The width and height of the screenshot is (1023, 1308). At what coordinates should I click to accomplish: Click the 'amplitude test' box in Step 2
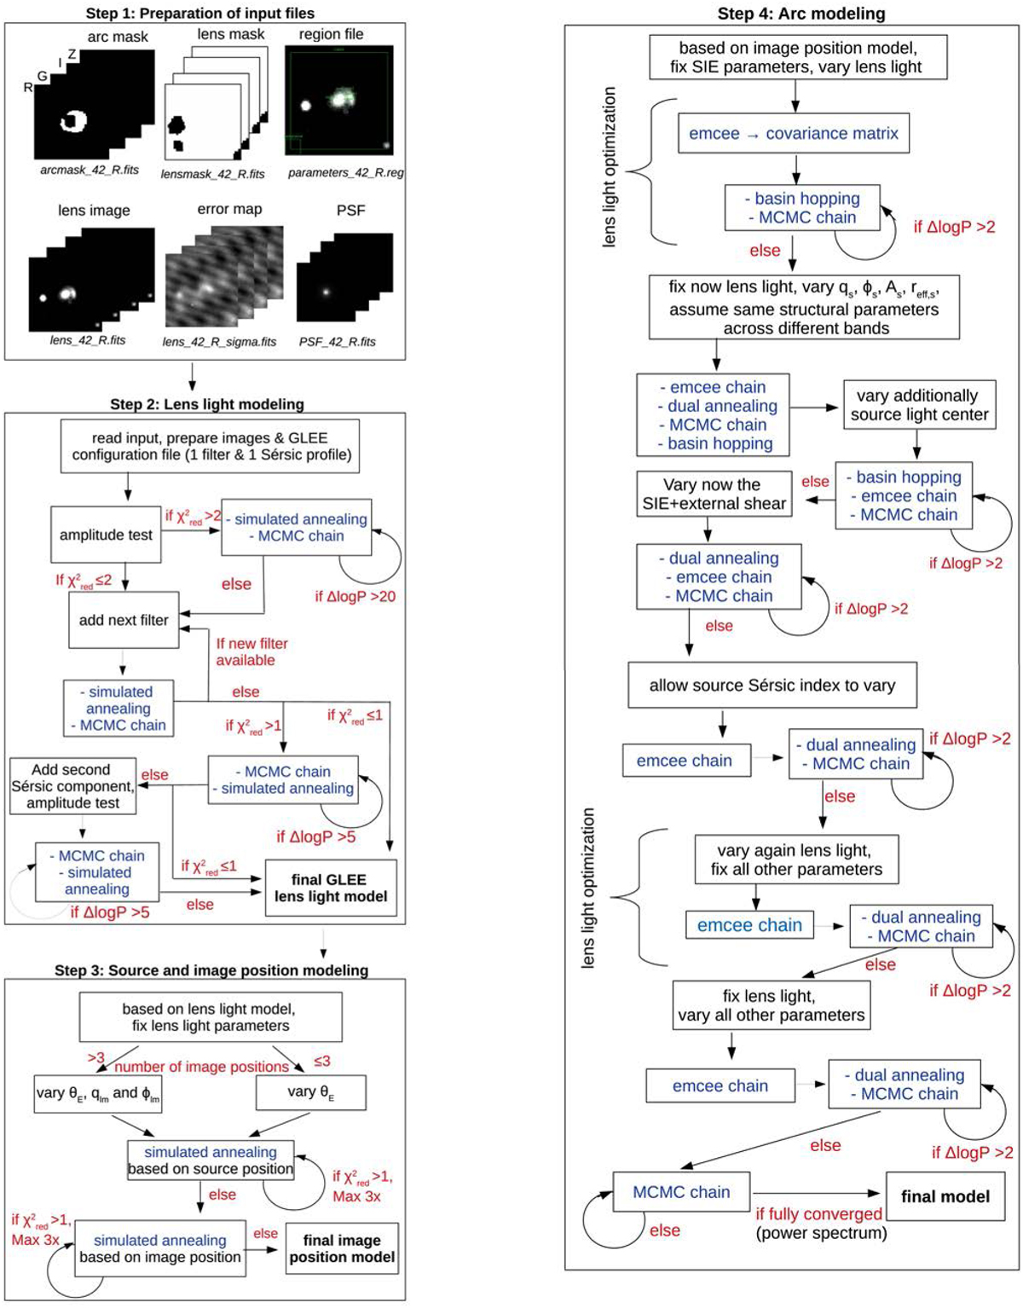[x=106, y=535]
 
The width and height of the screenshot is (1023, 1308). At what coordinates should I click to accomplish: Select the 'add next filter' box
[x=124, y=620]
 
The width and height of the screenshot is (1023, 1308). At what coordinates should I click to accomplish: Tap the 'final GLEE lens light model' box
[x=331, y=888]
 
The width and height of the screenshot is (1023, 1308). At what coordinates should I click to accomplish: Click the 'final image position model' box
[x=342, y=1248]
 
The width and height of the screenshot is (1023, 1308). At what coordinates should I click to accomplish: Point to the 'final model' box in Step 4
[x=945, y=1196]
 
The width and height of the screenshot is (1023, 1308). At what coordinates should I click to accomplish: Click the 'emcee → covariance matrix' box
[x=793, y=134]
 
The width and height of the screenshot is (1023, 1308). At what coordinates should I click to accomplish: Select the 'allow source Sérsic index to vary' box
[x=772, y=686]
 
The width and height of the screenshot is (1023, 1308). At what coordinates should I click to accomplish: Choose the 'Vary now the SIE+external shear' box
[x=714, y=495]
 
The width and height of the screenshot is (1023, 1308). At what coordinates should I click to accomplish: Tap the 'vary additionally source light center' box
[x=919, y=405]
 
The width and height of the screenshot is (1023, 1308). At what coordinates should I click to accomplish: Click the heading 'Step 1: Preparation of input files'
[x=200, y=13]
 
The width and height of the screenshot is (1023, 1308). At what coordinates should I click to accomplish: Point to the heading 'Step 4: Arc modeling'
[x=801, y=13]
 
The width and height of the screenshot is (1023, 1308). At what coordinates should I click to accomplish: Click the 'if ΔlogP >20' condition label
[x=355, y=597]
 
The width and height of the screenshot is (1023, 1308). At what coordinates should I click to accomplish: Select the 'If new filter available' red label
[x=251, y=652]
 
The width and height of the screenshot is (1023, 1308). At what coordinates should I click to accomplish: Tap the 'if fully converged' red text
[x=818, y=1214]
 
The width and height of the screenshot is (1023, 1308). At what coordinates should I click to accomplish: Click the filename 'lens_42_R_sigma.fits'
[x=220, y=342]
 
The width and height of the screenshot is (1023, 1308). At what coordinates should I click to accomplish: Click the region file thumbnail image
[x=339, y=102]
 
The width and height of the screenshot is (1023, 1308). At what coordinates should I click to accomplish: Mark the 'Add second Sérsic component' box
[x=72, y=786]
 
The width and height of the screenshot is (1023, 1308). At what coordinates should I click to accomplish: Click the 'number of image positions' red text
[x=201, y=1067]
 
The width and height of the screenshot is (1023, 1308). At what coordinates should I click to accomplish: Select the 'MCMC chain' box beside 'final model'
[x=681, y=1192]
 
